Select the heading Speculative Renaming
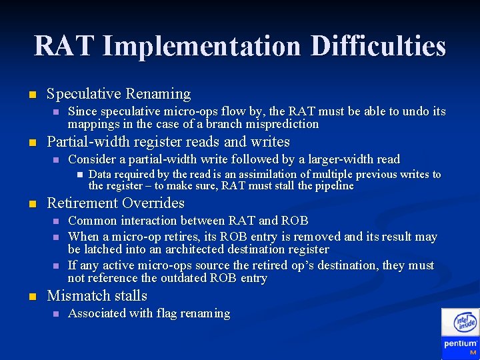(x=119, y=94)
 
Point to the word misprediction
(x=283, y=124)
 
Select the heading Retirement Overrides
(x=115, y=203)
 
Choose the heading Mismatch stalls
(x=97, y=296)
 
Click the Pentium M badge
(x=461, y=346)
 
